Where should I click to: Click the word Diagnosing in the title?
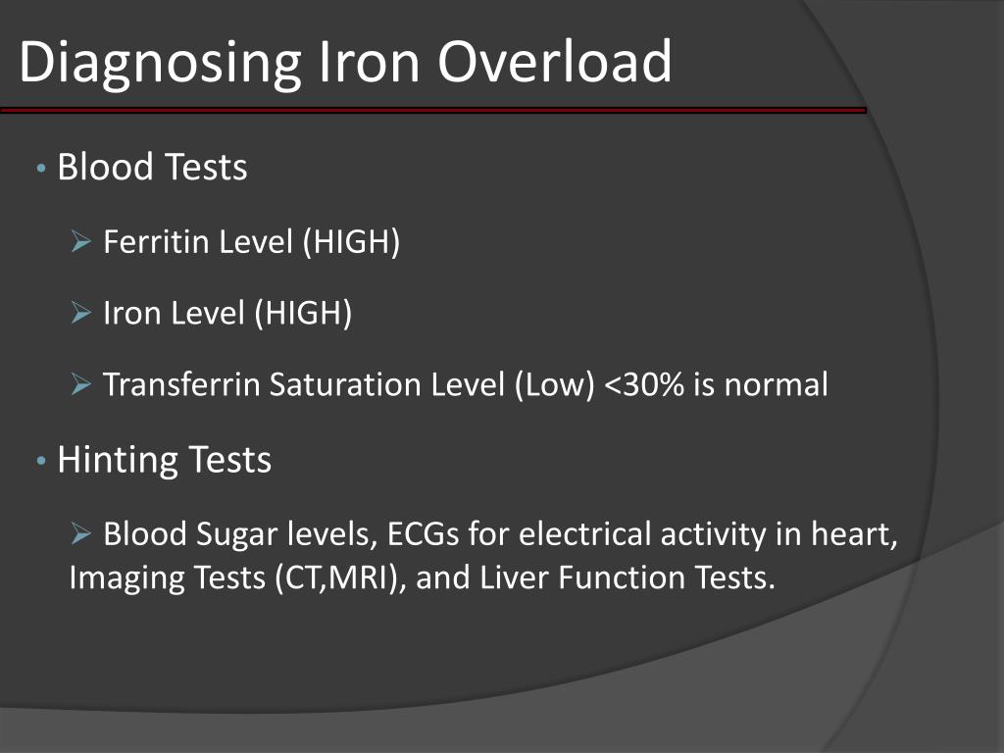coord(157,63)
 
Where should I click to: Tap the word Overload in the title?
coord(555,61)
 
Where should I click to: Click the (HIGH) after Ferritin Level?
coord(350,241)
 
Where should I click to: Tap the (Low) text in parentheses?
coord(553,384)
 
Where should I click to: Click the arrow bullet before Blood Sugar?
coord(81,535)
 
